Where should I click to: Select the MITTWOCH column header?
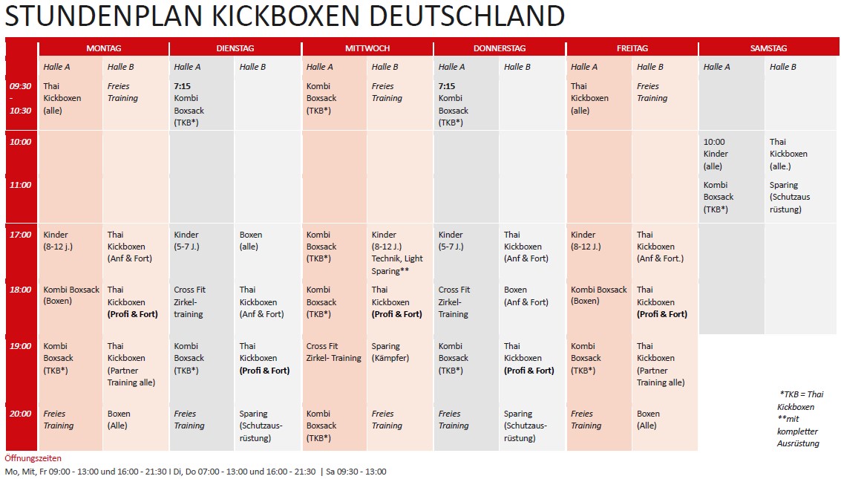[367, 48]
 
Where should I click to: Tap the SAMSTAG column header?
[768, 48]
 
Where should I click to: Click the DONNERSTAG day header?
[500, 48]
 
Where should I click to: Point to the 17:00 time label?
[20, 235]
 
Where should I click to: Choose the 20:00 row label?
[20, 414]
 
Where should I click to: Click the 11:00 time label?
[20, 185]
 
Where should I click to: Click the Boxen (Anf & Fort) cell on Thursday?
[526, 296]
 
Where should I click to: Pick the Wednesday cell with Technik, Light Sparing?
[397, 252]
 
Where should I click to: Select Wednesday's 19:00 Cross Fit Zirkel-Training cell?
[333, 352]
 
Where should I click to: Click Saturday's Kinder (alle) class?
[716, 154]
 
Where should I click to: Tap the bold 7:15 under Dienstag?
[183, 86]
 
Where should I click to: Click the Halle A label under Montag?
[56, 67]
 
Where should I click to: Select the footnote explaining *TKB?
[800, 400]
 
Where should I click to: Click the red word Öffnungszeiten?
[33, 458]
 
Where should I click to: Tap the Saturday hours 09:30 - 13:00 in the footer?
[356, 472]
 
